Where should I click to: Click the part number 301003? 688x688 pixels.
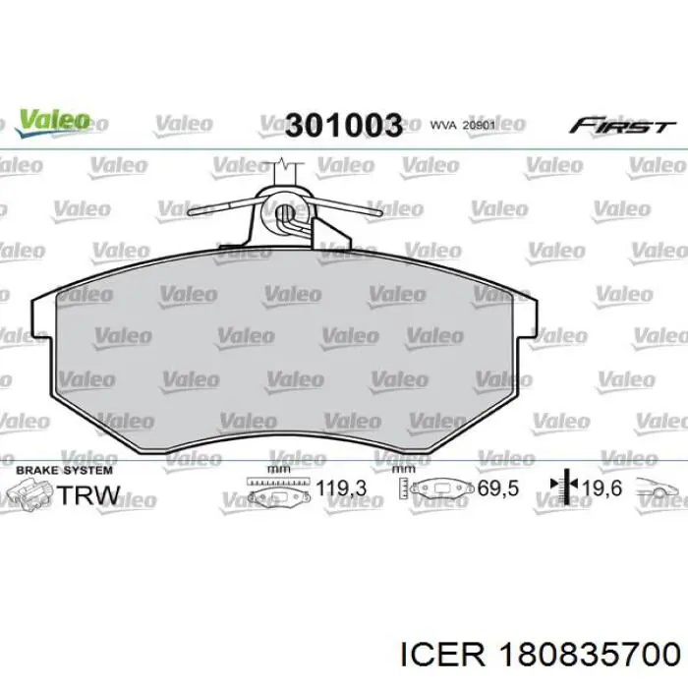click(344, 126)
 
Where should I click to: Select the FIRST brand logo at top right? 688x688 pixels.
click(622, 127)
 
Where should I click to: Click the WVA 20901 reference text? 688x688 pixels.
click(461, 126)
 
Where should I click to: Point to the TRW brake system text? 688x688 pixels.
click(89, 495)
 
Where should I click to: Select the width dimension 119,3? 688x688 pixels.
click(341, 487)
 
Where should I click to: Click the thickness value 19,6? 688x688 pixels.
click(602, 487)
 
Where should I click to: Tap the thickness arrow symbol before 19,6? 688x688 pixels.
click(561, 486)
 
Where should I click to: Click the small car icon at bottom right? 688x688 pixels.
click(659, 487)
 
